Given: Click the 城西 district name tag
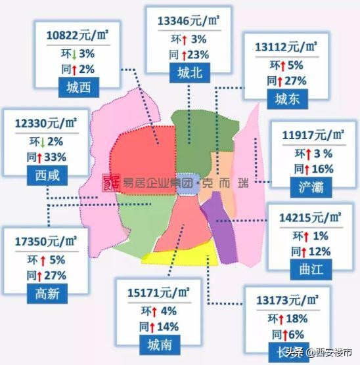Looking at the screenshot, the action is (x=75, y=87).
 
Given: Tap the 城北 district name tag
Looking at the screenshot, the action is (x=189, y=74).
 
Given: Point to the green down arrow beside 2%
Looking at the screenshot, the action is (x=40, y=141).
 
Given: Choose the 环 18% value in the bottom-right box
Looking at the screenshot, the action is (x=289, y=319).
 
